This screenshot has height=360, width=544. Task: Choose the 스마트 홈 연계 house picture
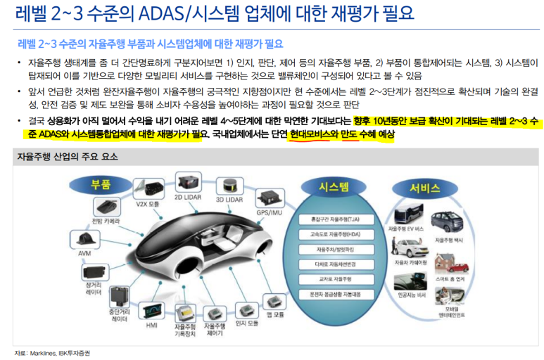(x=454, y=264)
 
